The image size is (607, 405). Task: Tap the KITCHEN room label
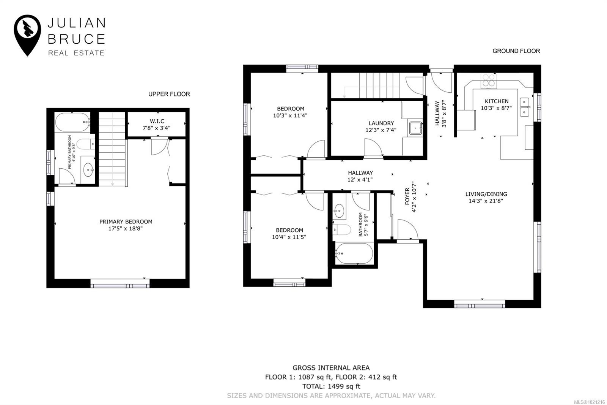tap(497, 101)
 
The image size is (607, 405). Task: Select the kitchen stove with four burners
tap(489, 81)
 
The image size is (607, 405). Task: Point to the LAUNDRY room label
tap(381, 123)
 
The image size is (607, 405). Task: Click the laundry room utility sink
tap(415, 129)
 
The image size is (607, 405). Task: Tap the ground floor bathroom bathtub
tap(354, 253)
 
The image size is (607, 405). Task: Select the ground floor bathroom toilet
tap(342, 229)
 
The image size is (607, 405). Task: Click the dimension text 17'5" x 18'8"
tap(126, 229)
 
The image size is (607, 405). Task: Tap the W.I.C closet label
tap(157, 121)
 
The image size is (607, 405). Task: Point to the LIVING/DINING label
tap(486, 194)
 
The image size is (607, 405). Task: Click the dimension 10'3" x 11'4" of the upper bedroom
tap(290, 115)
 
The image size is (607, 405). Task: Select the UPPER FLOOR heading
tap(169, 94)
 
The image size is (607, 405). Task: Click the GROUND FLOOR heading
tap(516, 51)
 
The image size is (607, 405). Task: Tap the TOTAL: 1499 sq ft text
tap(331, 386)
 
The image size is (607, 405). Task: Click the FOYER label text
tap(407, 196)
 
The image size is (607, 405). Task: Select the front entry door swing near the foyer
tap(407, 231)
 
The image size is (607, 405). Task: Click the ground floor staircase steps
tap(379, 85)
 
